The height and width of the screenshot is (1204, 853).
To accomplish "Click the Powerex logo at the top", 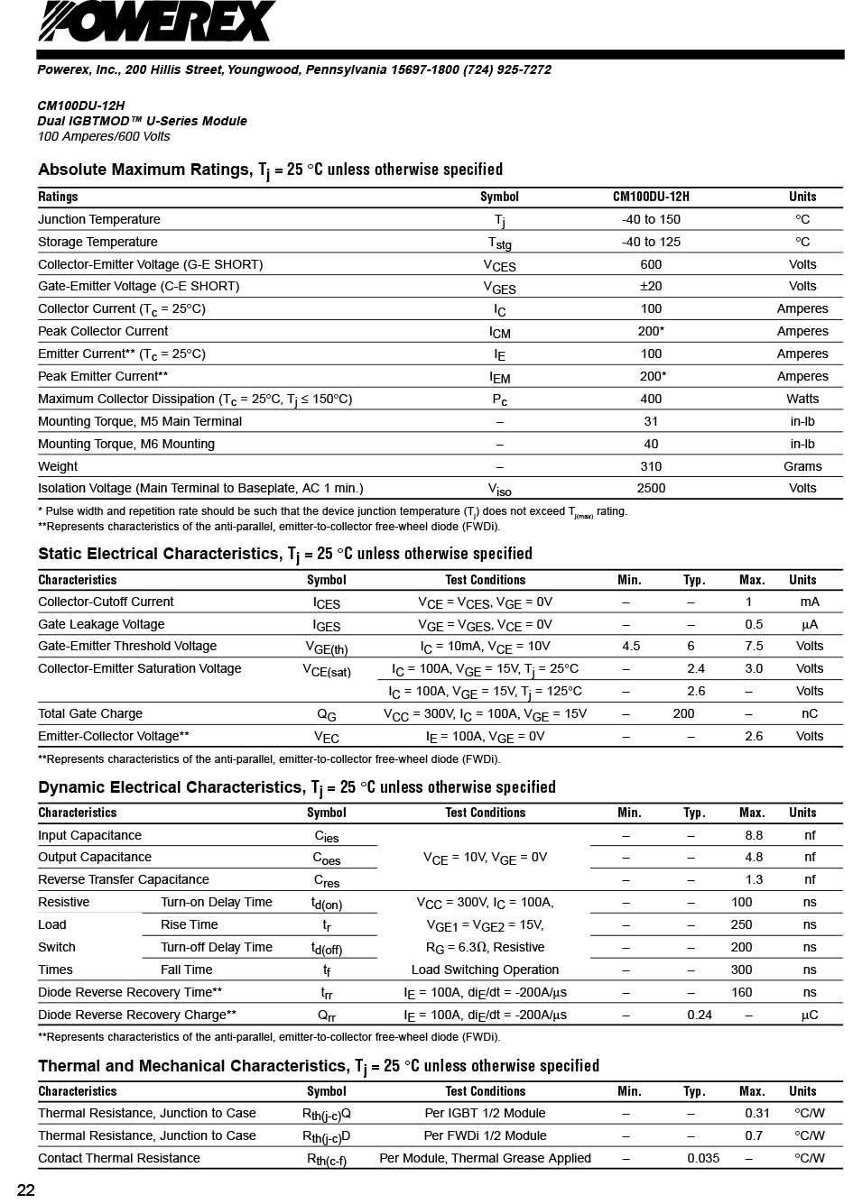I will [x=155, y=22].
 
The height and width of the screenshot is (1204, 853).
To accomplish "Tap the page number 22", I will [x=26, y=1190].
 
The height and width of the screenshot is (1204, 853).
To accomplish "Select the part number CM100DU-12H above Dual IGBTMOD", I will [x=81, y=106].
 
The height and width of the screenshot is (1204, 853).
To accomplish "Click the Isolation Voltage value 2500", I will [x=651, y=488].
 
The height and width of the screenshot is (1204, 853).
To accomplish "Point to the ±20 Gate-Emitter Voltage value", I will [x=651, y=286].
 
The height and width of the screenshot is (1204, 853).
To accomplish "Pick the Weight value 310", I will [x=651, y=466].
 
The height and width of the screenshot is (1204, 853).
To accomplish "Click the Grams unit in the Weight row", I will [x=802, y=466].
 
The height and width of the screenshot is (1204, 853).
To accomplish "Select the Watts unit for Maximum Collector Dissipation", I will [x=802, y=399].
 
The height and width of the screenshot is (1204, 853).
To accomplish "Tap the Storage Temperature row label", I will [x=97, y=242].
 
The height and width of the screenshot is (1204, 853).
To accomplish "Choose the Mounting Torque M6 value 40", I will [x=651, y=444].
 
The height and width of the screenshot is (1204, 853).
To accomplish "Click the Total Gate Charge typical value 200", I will [x=684, y=713].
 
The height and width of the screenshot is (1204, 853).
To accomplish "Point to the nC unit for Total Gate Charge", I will [x=810, y=713].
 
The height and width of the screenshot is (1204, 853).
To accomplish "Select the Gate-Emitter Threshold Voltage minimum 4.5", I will [x=631, y=646].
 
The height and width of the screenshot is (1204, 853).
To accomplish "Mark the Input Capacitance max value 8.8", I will [x=754, y=835].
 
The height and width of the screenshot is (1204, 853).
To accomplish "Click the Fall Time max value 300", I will [x=741, y=970].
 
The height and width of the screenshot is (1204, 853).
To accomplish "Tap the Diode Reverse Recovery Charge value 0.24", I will [x=700, y=1015].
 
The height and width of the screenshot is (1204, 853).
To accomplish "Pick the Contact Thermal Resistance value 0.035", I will [x=703, y=1158].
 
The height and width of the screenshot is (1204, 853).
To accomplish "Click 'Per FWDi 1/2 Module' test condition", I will [x=485, y=1135].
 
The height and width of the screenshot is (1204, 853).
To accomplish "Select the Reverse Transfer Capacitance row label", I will [x=124, y=879].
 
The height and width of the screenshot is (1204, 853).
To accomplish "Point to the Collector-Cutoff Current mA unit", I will [x=810, y=602].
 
